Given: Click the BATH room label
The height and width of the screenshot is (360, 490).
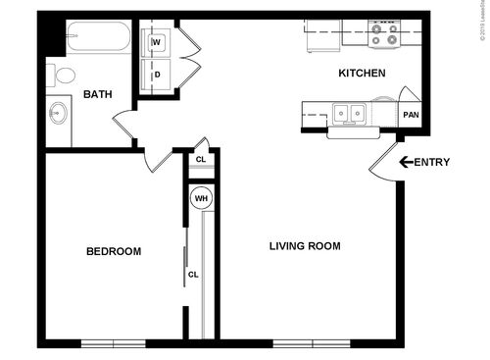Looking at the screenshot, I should (96, 94).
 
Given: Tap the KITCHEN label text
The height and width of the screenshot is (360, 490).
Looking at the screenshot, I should (362, 74).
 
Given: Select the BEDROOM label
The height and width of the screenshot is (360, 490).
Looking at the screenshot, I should (114, 252).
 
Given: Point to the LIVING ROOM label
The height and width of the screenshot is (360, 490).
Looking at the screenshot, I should (305, 246).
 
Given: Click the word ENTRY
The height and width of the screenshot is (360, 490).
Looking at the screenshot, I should (432, 162).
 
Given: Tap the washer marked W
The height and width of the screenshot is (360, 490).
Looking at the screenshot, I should (157, 42).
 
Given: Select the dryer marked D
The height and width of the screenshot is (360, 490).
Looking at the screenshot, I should (157, 74).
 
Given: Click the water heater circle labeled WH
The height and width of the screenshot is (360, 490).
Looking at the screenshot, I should (201, 198).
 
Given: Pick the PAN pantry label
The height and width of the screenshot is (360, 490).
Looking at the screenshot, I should (411, 115).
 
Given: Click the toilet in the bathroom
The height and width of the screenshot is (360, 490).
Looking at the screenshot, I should (65, 76).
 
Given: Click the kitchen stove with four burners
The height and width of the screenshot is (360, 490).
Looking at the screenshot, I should (385, 35).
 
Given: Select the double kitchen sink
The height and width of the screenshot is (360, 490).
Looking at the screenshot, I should (347, 114).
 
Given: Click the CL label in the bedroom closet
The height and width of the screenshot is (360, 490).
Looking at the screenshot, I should (193, 275).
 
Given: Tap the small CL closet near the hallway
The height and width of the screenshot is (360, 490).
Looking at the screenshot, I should (201, 159).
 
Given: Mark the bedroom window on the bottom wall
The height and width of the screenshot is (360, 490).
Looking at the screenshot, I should (112, 342).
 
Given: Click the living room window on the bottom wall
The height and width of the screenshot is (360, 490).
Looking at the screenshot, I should (304, 342).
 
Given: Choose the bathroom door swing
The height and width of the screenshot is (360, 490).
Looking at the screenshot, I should (125, 126).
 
